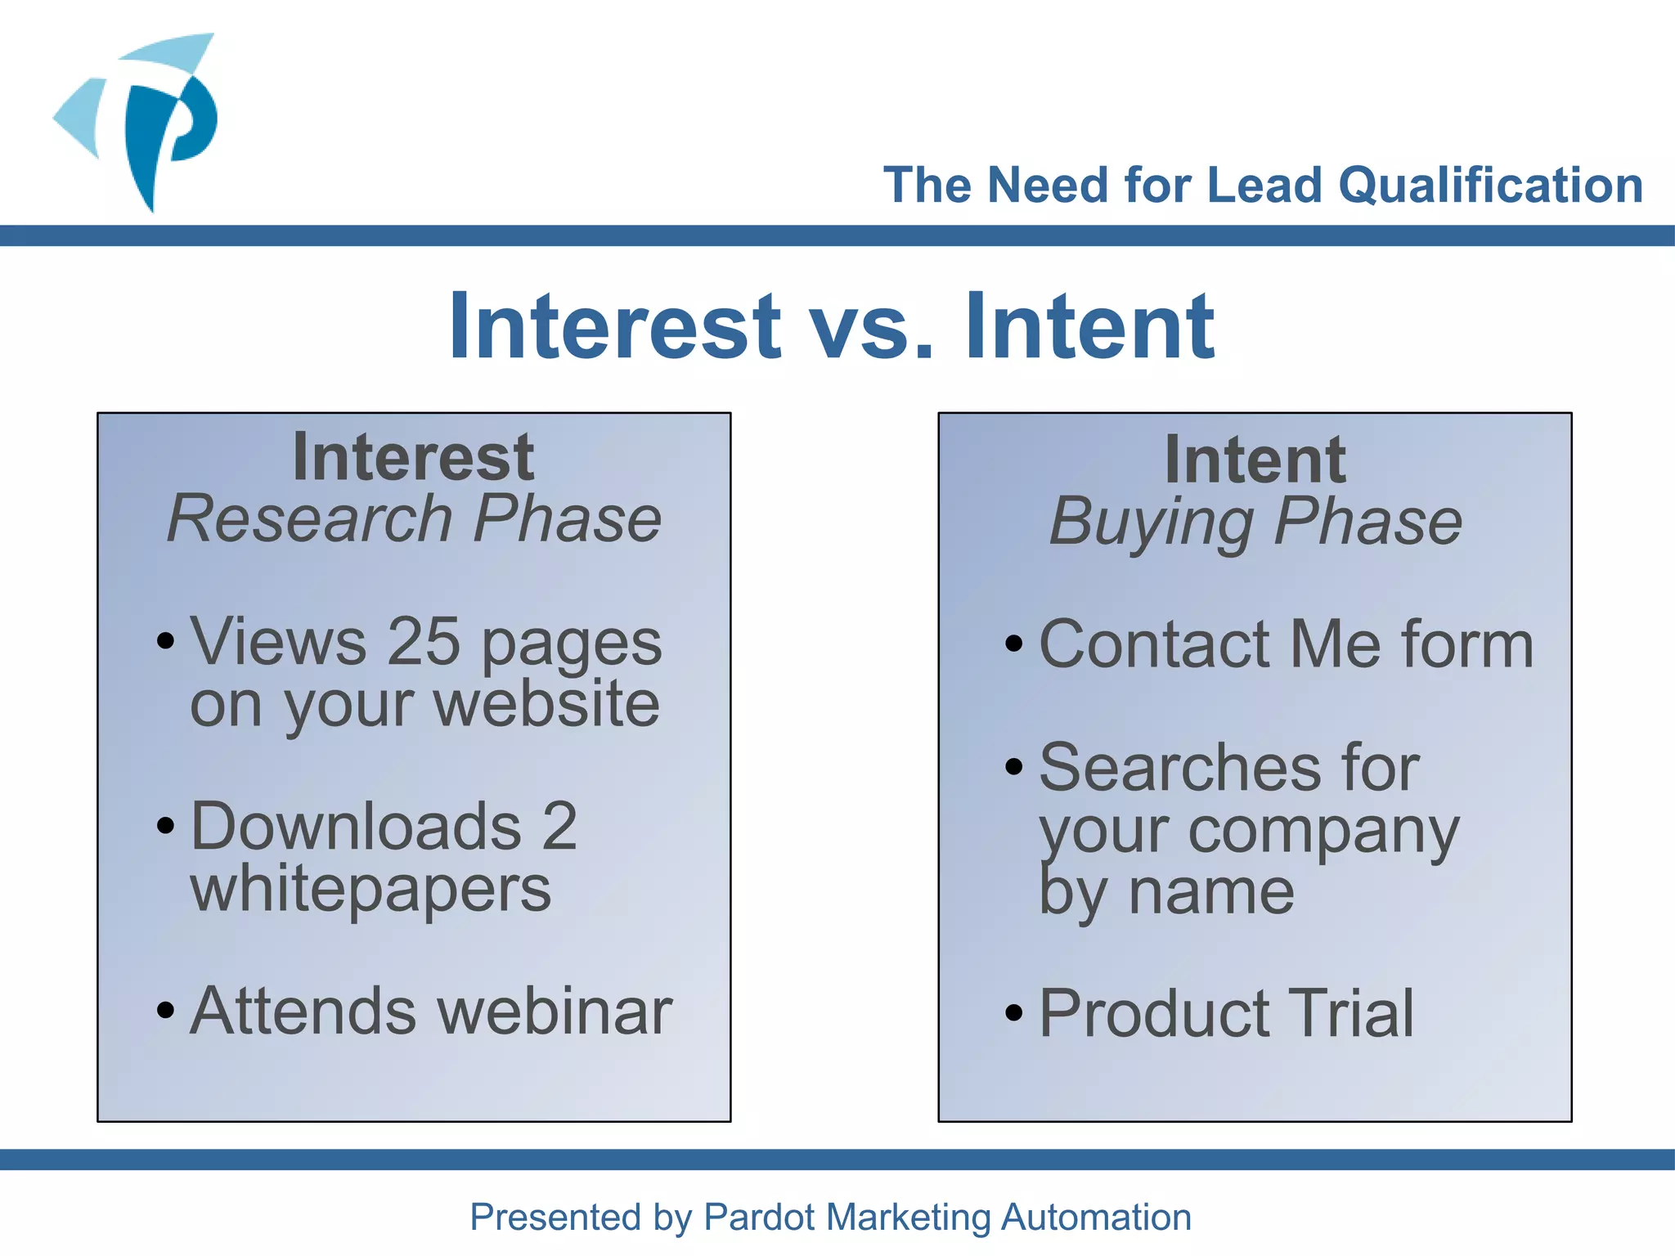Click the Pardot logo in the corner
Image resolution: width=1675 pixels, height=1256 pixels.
coord(139,123)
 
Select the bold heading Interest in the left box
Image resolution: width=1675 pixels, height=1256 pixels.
coord(413,457)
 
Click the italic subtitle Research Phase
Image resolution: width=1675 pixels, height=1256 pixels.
coord(414,518)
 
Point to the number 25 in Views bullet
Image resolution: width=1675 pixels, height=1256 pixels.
coord(424,641)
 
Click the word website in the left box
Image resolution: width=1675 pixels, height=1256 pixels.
coord(546,704)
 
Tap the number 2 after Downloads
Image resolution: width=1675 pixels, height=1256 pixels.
coord(559,826)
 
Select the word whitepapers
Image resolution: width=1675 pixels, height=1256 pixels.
coord(370,890)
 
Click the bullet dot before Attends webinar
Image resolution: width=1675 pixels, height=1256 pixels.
coord(166,1011)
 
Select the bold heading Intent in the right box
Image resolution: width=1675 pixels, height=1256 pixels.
coord(1255,460)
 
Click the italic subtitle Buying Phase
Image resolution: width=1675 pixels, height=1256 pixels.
coord(1255,522)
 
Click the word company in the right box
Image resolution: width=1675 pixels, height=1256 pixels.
coord(1322,831)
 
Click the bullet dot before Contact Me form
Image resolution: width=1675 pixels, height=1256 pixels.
coord(1014,644)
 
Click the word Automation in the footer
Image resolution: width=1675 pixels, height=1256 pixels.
coord(1096,1217)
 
